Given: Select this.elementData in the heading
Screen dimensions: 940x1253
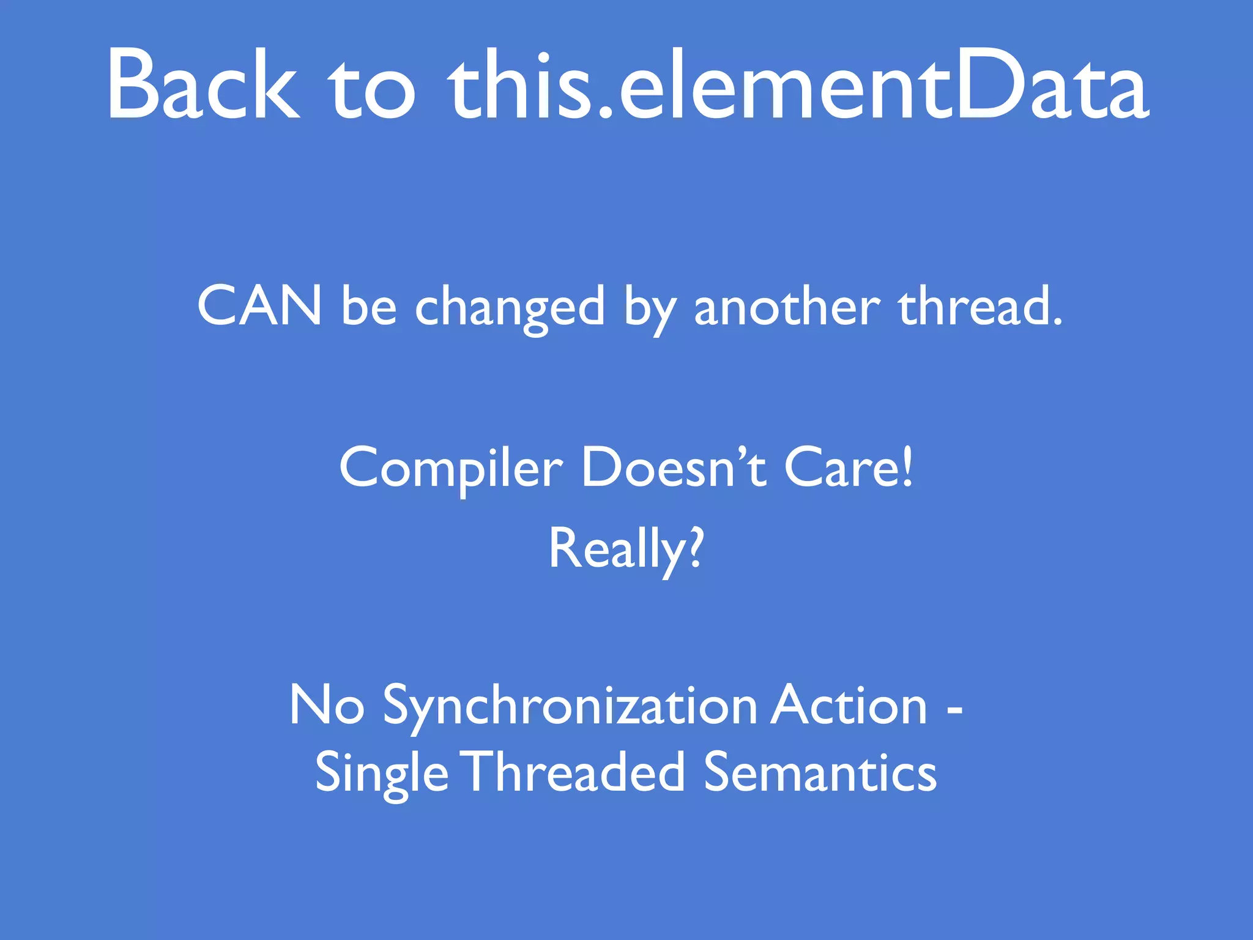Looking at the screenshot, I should pyautogui.click(x=798, y=86).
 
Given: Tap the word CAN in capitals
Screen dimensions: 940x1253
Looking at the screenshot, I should pyautogui.click(x=259, y=305).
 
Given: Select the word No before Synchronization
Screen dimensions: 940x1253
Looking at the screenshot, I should pyautogui.click(x=327, y=706).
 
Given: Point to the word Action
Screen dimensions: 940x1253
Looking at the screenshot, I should pyautogui.click(x=849, y=706).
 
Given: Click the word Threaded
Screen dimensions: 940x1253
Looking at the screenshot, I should pyautogui.click(x=575, y=772).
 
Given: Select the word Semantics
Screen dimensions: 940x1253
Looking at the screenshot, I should pyautogui.click(x=820, y=772).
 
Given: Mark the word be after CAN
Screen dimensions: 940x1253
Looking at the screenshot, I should pyautogui.click(x=369, y=305).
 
